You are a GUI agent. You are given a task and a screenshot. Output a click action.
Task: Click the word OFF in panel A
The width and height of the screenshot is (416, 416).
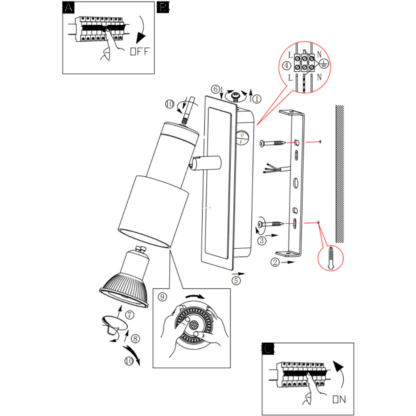click(x=140, y=52)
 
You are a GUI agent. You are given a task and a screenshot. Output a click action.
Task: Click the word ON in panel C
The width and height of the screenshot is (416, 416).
click(x=339, y=399)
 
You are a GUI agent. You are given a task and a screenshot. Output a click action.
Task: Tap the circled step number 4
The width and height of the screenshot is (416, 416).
click(x=286, y=65)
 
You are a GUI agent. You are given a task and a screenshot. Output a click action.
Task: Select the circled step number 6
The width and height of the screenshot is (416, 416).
click(x=215, y=89)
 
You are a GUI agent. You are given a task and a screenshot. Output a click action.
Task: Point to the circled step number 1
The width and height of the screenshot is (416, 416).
click(x=257, y=99)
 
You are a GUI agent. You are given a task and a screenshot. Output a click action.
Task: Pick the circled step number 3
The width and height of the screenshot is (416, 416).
click(x=261, y=240)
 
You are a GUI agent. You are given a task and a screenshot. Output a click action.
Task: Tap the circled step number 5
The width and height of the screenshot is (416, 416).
click(x=236, y=280)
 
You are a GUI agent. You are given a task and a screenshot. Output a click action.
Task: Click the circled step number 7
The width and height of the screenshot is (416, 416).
click(x=129, y=315)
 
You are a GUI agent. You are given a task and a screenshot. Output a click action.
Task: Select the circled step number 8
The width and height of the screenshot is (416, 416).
click(x=135, y=339)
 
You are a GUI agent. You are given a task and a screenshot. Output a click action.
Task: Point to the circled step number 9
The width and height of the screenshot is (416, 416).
click(x=162, y=296)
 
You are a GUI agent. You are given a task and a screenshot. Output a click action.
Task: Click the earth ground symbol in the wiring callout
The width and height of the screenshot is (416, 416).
click(x=324, y=64)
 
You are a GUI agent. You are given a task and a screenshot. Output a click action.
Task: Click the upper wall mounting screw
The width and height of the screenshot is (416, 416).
click(x=272, y=143)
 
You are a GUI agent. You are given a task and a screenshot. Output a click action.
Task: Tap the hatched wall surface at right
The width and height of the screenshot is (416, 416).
click(x=339, y=173)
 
